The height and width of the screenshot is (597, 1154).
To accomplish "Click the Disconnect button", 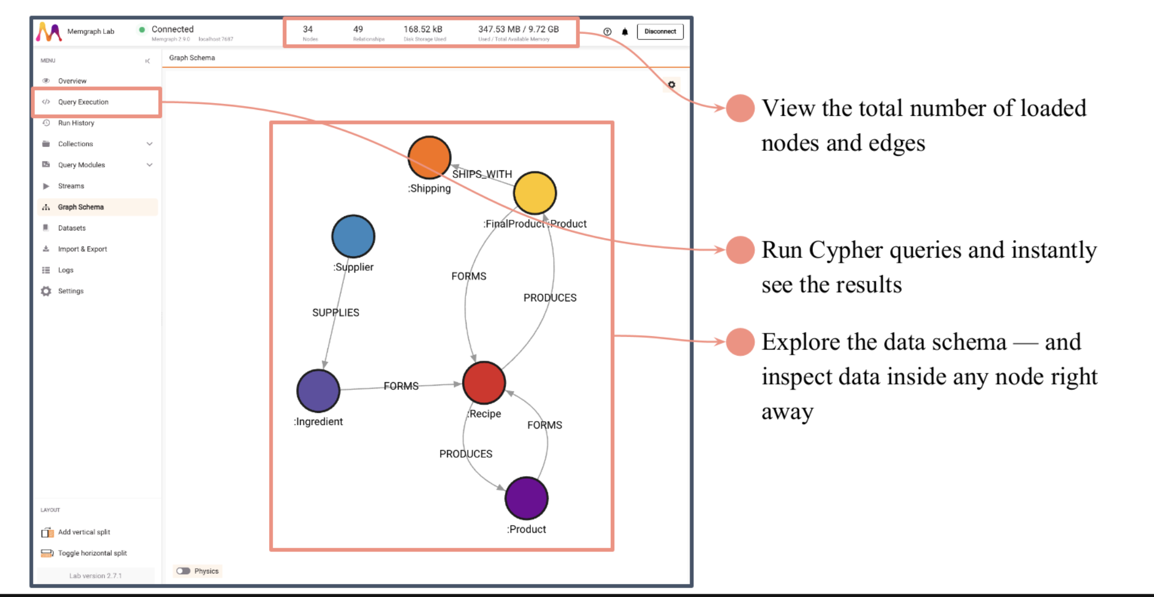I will (x=660, y=32).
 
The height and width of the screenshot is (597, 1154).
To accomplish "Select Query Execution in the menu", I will (x=83, y=102).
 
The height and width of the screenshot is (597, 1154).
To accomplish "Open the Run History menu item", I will (x=76, y=123).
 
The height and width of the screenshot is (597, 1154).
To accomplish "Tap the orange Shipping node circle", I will (x=429, y=157).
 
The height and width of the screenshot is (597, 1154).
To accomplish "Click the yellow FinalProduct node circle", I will (x=535, y=193).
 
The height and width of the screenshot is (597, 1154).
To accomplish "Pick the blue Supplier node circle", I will (x=353, y=236).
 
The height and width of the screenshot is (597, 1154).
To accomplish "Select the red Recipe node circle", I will (x=484, y=382).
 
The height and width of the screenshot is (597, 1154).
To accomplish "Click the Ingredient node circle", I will (x=318, y=391).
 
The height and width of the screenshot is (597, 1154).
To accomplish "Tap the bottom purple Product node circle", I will (x=527, y=498).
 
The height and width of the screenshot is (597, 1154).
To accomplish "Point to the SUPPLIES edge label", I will (x=336, y=313).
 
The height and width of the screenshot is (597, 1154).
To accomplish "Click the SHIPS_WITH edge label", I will (x=482, y=174).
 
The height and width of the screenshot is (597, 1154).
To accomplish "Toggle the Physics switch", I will (x=184, y=571).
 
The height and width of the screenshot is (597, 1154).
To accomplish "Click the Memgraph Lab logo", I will (x=49, y=32).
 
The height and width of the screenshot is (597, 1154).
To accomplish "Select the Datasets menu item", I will (x=72, y=228).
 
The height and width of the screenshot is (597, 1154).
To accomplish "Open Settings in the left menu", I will (x=70, y=291).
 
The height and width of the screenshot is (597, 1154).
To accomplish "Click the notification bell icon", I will (x=625, y=32).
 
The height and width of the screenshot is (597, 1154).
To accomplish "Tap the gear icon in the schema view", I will (x=671, y=84).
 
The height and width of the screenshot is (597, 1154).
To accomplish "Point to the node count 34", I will (x=308, y=29).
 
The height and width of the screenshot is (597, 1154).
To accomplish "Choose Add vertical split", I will (x=84, y=532).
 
